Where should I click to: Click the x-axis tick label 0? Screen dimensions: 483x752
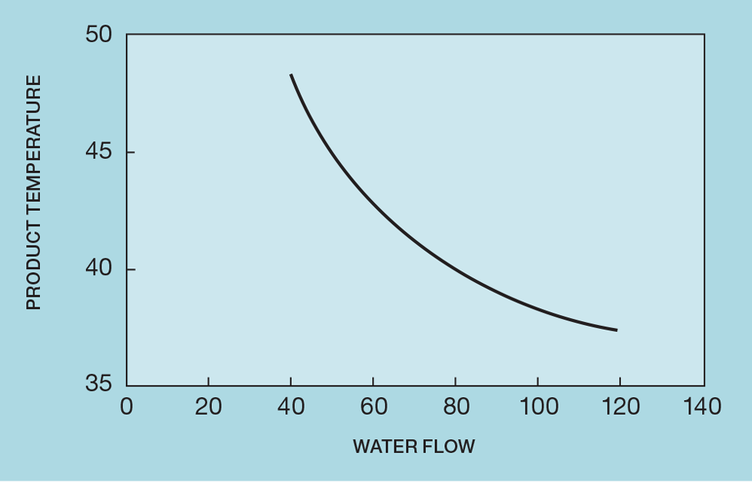pyautogui.click(x=127, y=406)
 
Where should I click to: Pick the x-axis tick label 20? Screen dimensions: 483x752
pyautogui.click(x=208, y=406)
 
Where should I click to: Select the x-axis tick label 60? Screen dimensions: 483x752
pyautogui.click(x=373, y=406)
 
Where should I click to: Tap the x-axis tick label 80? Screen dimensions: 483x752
pyautogui.click(x=455, y=406)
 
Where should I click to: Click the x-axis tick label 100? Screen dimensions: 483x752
pyautogui.click(x=537, y=406)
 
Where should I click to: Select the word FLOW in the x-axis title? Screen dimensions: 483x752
pyautogui.click(x=449, y=446)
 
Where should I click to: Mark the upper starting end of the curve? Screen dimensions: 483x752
pyautogui.click(x=291, y=75)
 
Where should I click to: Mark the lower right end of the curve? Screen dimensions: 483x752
pyautogui.click(x=616, y=330)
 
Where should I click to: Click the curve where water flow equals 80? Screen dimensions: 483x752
pyautogui.click(x=455, y=270)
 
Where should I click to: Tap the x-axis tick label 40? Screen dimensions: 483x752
pyautogui.click(x=291, y=406)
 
